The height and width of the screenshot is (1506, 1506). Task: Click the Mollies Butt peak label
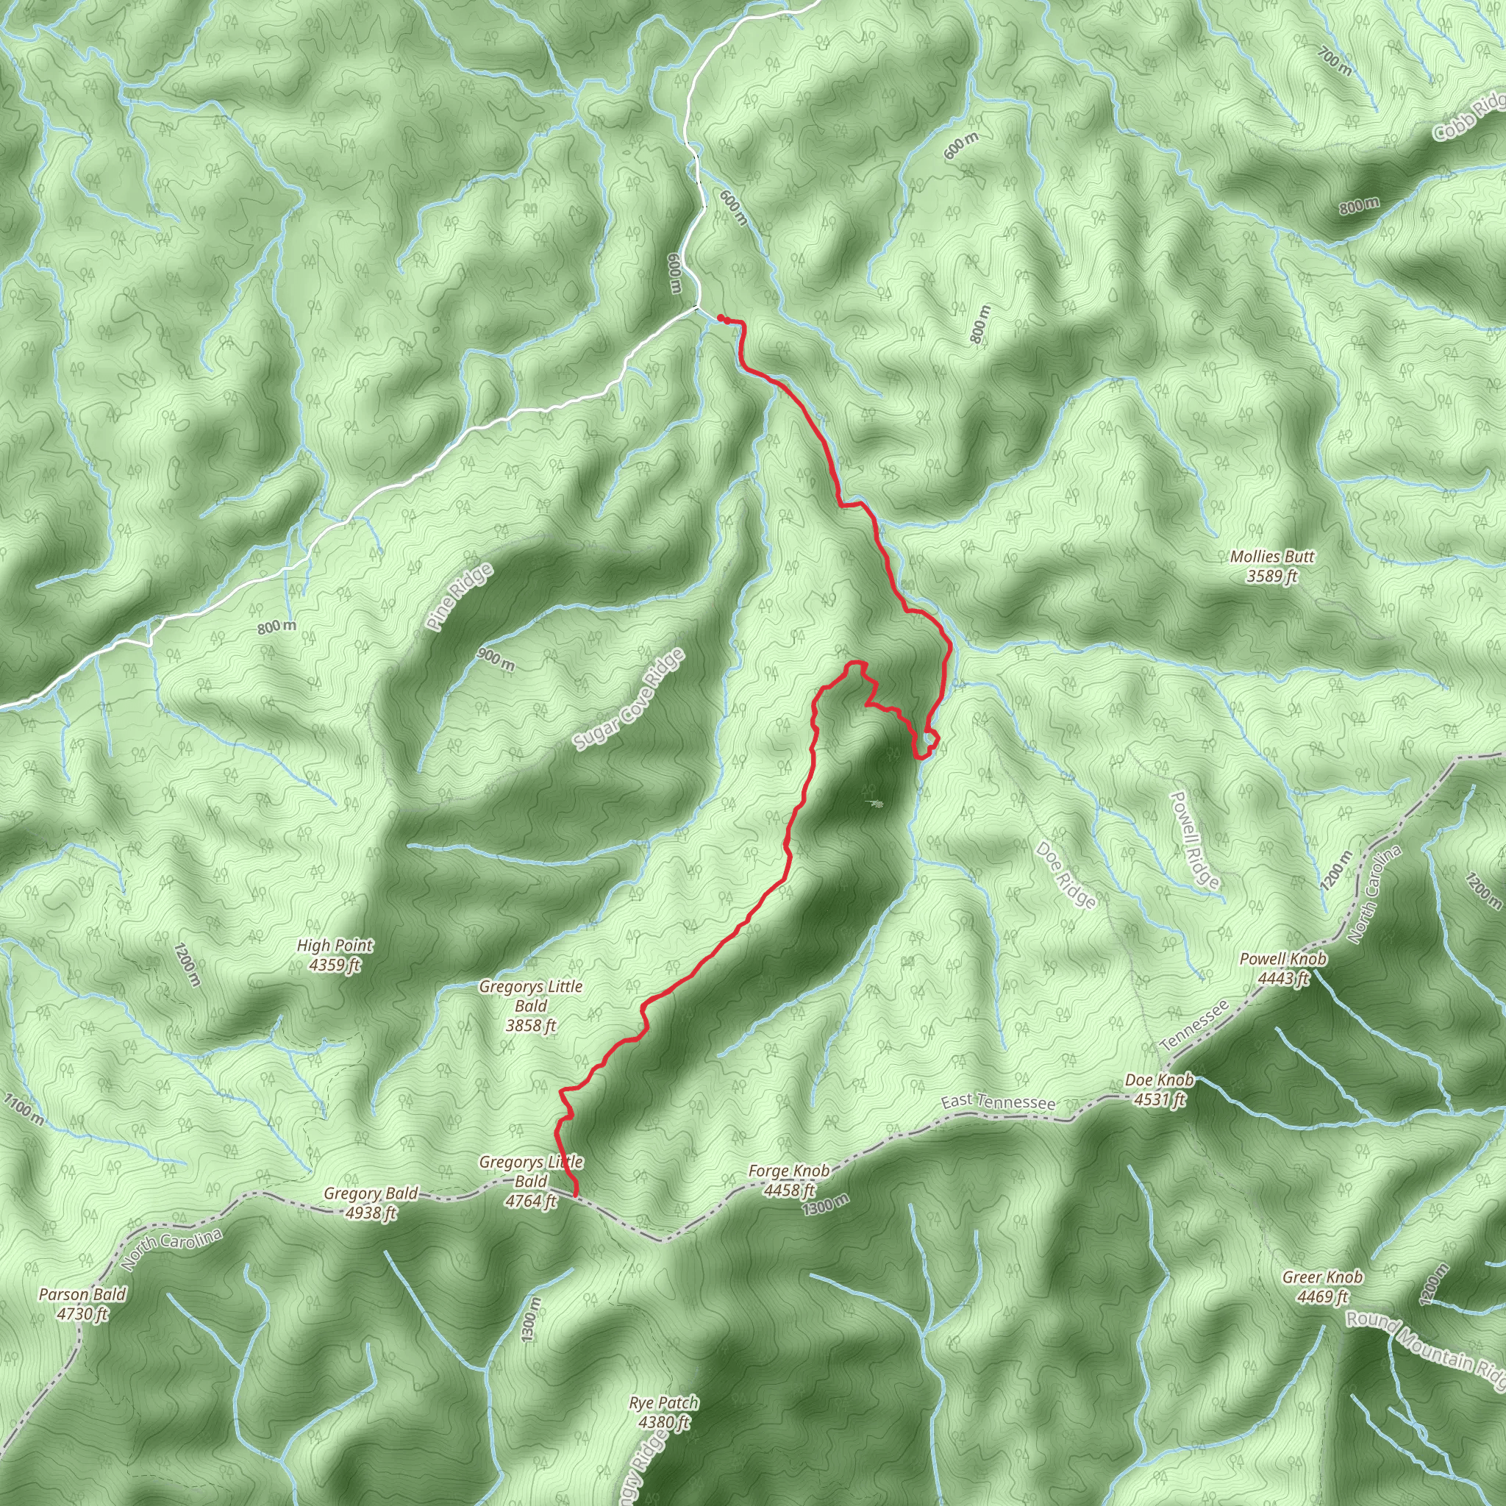[1271, 567]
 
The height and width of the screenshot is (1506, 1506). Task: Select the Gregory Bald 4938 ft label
[371, 1203]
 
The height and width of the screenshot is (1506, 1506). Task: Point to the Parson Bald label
[82, 1303]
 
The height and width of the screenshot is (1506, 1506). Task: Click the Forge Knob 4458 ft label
[789, 1180]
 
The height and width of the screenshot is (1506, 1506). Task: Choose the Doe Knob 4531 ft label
[1158, 1090]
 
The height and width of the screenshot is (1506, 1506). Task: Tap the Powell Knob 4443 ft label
[1282, 968]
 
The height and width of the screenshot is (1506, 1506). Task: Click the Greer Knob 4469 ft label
[1322, 1286]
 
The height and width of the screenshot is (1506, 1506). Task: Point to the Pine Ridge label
[460, 596]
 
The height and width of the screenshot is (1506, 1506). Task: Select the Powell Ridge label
[1195, 840]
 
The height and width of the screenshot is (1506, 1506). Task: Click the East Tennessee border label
[998, 1102]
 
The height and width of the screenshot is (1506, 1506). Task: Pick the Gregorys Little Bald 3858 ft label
[531, 1005]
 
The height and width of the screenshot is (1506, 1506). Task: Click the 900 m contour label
[496, 660]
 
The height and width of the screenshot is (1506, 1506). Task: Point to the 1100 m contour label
[24, 1108]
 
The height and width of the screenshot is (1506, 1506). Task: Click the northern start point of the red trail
[719, 317]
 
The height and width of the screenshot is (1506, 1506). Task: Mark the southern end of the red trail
[575, 1195]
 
